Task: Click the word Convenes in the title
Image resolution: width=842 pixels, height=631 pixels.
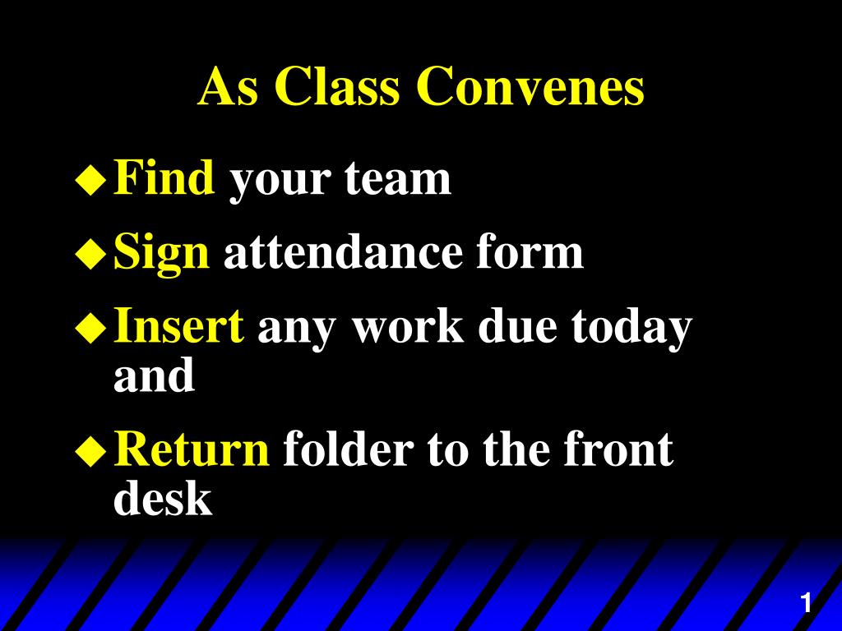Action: [x=530, y=86]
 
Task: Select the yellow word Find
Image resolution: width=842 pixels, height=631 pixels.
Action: [x=164, y=177]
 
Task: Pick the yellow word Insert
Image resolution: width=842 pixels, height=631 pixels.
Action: [x=179, y=325]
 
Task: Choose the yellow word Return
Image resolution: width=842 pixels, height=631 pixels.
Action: [x=192, y=449]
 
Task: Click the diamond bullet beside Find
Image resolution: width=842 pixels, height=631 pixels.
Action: [x=91, y=180]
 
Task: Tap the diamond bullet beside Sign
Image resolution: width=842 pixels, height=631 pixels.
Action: [x=91, y=253]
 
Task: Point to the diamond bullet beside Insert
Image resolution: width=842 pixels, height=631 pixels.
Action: [x=91, y=328]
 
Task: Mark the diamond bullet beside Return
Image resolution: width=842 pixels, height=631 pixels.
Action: [x=91, y=451]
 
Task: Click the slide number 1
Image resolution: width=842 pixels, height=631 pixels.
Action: [x=806, y=602]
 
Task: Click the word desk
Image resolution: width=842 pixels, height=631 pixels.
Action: [x=164, y=497]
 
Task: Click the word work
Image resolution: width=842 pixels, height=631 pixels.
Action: [x=408, y=325]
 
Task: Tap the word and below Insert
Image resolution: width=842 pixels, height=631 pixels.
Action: [x=154, y=375]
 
